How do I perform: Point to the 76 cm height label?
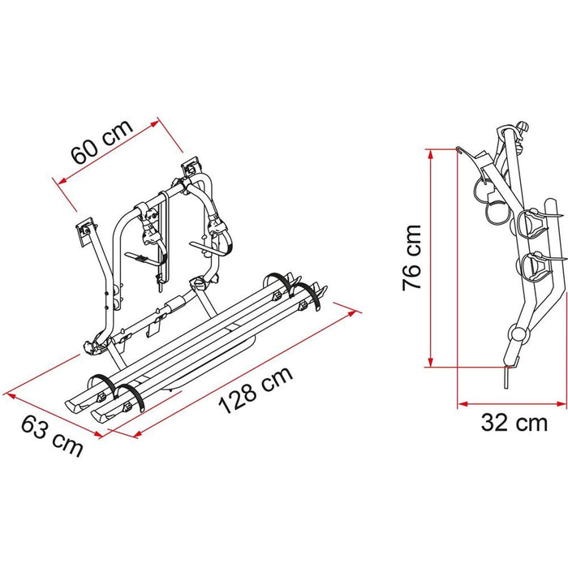tap(412, 257)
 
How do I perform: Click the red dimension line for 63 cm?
tap(54, 411)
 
